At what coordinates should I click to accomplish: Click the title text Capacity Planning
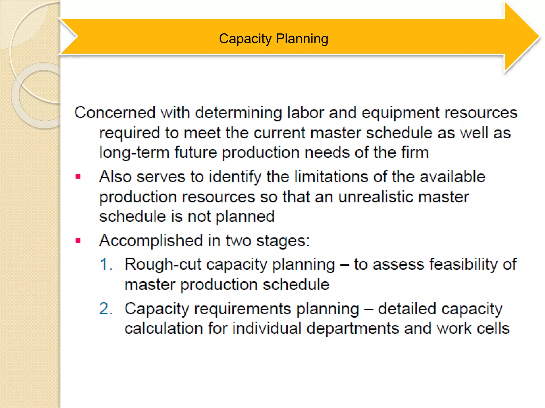tap(273, 39)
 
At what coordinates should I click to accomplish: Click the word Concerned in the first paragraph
tap(115, 112)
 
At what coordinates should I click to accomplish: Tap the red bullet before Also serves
tap(78, 177)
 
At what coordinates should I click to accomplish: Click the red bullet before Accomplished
tap(78, 241)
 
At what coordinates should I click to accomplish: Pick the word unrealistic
tap(375, 197)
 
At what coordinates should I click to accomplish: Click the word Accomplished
tap(151, 241)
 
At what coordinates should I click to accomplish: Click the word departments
tap(352, 328)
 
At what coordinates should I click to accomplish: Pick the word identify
tap(235, 177)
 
